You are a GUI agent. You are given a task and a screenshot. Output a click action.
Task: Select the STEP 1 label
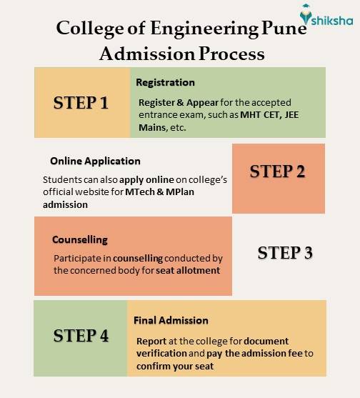(81, 103)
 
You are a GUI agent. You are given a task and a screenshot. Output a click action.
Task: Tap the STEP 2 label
(278, 172)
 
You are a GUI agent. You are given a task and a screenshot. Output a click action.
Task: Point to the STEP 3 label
(285, 253)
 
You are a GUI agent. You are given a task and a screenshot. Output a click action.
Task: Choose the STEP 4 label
(81, 336)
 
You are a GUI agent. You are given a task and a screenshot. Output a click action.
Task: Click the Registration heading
(165, 82)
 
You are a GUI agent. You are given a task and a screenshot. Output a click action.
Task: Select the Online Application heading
(95, 161)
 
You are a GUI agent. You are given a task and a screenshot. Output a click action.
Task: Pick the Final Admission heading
(171, 320)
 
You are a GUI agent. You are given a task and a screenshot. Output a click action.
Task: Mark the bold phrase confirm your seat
(175, 365)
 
